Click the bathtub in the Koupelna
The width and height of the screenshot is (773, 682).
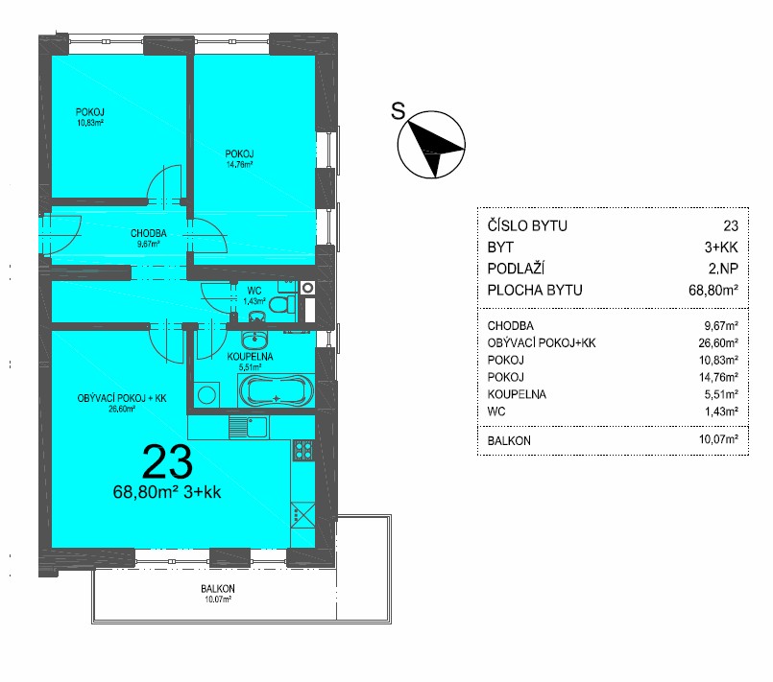click(x=276, y=391)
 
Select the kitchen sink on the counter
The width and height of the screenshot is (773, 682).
click(x=249, y=427)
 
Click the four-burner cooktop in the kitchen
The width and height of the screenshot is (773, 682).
click(x=302, y=450)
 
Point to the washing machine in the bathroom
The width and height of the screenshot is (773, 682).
click(x=206, y=395)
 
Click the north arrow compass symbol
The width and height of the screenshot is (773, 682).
click(x=431, y=144)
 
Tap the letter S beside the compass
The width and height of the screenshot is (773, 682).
click(x=398, y=111)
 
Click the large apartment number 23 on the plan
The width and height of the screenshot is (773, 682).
click(x=167, y=462)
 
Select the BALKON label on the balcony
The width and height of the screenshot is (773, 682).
click(x=217, y=588)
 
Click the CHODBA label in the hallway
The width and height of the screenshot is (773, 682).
click(x=149, y=233)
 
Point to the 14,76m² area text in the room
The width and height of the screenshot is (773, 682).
click(x=240, y=165)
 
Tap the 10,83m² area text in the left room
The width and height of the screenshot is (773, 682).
click(x=90, y=123)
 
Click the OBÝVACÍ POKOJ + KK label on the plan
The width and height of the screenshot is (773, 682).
click(x=122, y=398)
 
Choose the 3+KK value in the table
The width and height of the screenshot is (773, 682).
click(x=721, y=247)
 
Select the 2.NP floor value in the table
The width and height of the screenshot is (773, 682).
click(x=723, y=269)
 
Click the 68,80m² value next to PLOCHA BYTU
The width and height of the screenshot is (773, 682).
click(x=713, y=290)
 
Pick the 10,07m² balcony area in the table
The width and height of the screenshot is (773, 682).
click(x=718, y=439)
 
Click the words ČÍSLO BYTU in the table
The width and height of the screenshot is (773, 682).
click(x=527, y=225)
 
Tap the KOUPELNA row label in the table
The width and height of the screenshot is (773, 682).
click(x=517, y=394)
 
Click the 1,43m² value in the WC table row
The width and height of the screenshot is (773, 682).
click(x=721, y=412)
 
